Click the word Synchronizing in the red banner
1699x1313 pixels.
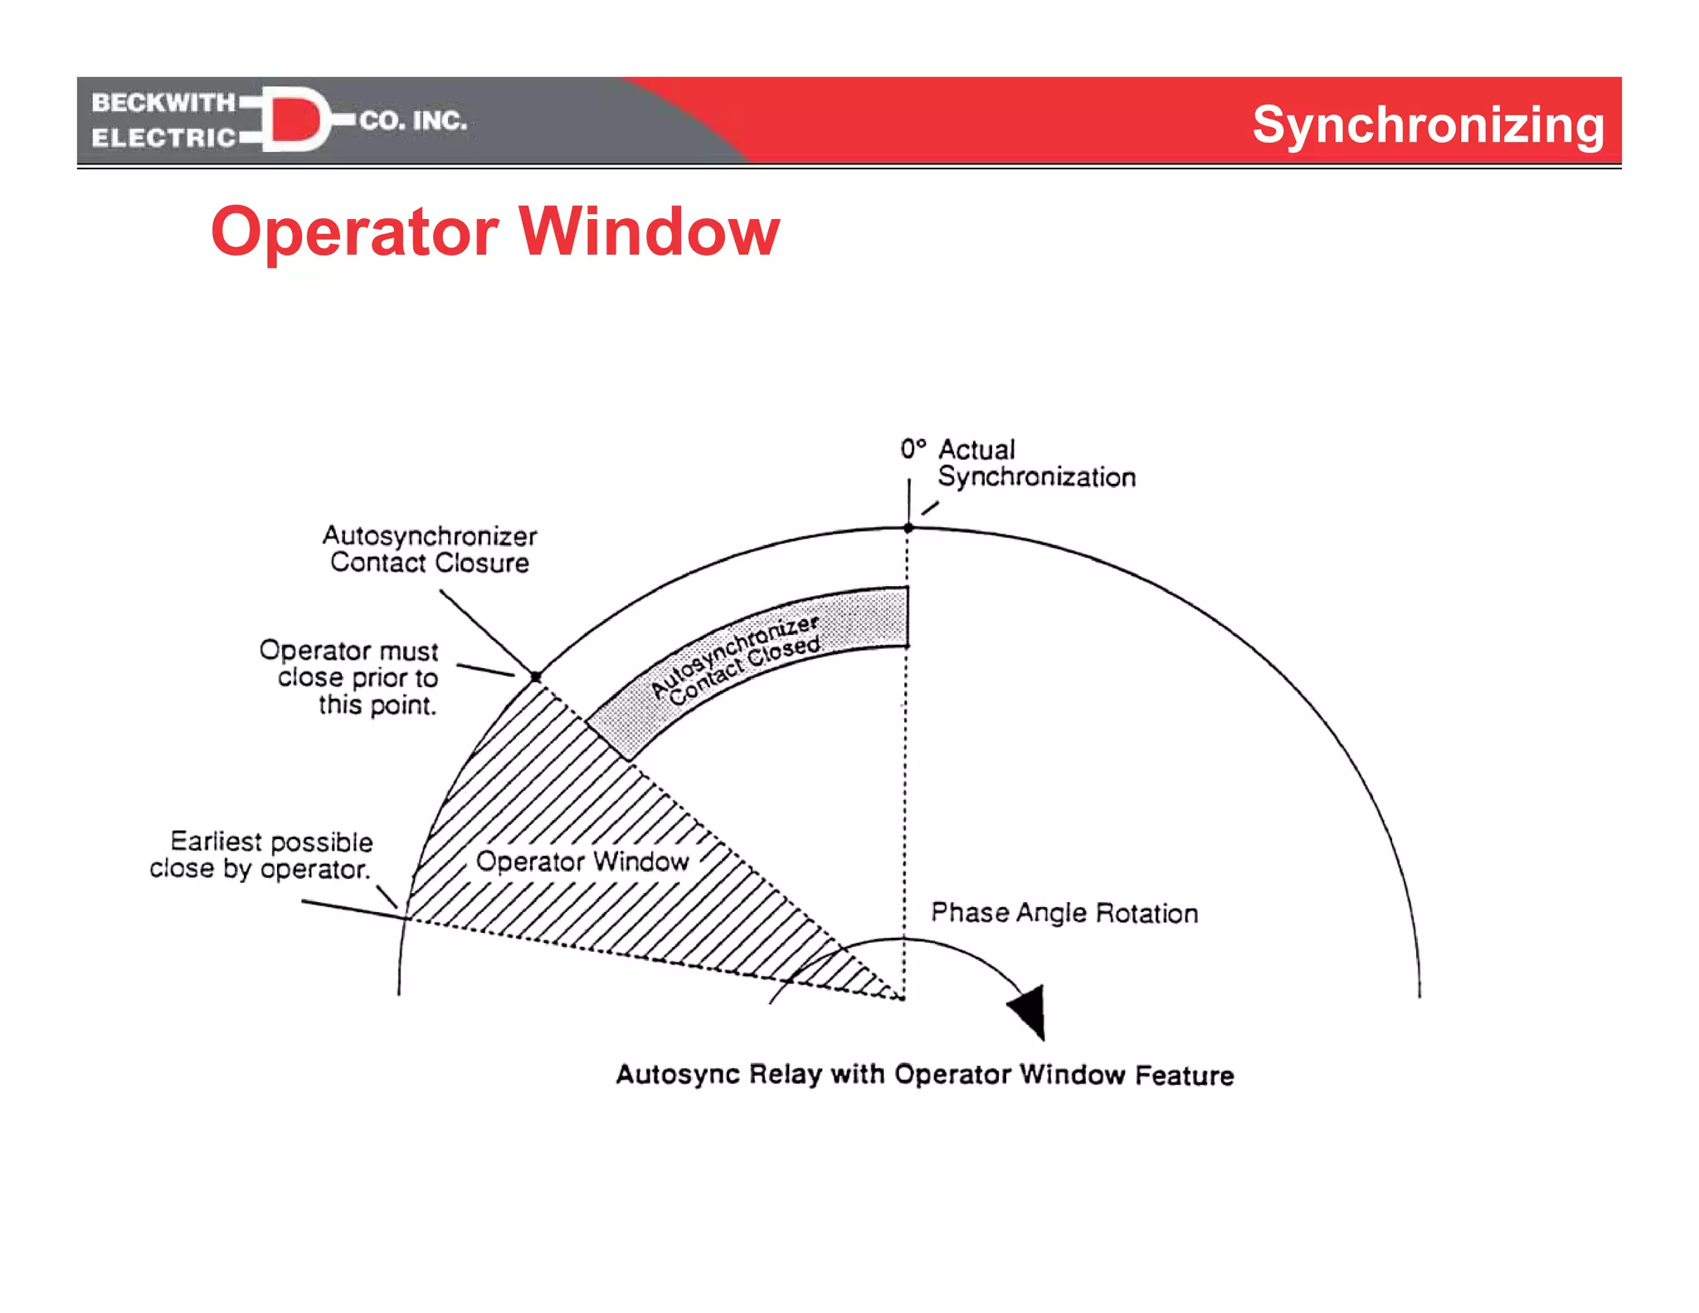coord(1428,125)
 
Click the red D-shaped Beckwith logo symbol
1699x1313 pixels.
coord(295,120)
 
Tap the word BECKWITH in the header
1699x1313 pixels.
coord(163,102)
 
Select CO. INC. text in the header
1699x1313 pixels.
coord(413,121)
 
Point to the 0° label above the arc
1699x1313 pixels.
coord(913,449)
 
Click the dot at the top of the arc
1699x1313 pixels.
coord(908,528)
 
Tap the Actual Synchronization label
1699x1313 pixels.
coord(1035,463)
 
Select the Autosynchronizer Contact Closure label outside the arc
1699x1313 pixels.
coord(430,549)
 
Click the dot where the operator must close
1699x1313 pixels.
coord(536,677)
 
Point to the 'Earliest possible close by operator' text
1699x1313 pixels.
coord(262,855)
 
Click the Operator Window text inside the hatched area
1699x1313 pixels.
coord(582,862)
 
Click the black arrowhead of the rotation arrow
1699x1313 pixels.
coord(1030,1009)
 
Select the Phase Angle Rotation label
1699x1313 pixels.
coord(1064,913)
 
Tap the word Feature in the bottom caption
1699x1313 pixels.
coord(1184,1076)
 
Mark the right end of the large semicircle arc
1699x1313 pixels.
coord(1419,994)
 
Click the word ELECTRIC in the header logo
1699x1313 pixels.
coord(163,138)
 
